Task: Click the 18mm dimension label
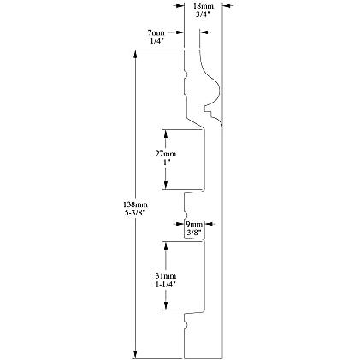pos(204,6)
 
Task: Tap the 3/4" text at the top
pos(203,15)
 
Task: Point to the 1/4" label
pos(157,41)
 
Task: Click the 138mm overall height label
pos(135,204)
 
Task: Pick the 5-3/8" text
pos(135,213)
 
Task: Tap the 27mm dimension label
pos(166,154)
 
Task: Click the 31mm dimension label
pos(166,276)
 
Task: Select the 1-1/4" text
pos(166,285)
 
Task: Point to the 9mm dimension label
pos(194,224)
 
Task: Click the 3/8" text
pos(194,233)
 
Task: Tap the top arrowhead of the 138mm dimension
pos(136,54)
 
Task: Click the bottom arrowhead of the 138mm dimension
pos(136,354)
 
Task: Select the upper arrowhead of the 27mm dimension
pos(165,133)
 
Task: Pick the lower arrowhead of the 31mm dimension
pos(165,305)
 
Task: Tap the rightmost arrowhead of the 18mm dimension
pos(227,5)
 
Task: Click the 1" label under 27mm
pos(166,162)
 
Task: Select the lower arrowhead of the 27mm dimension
pos(165,186)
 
